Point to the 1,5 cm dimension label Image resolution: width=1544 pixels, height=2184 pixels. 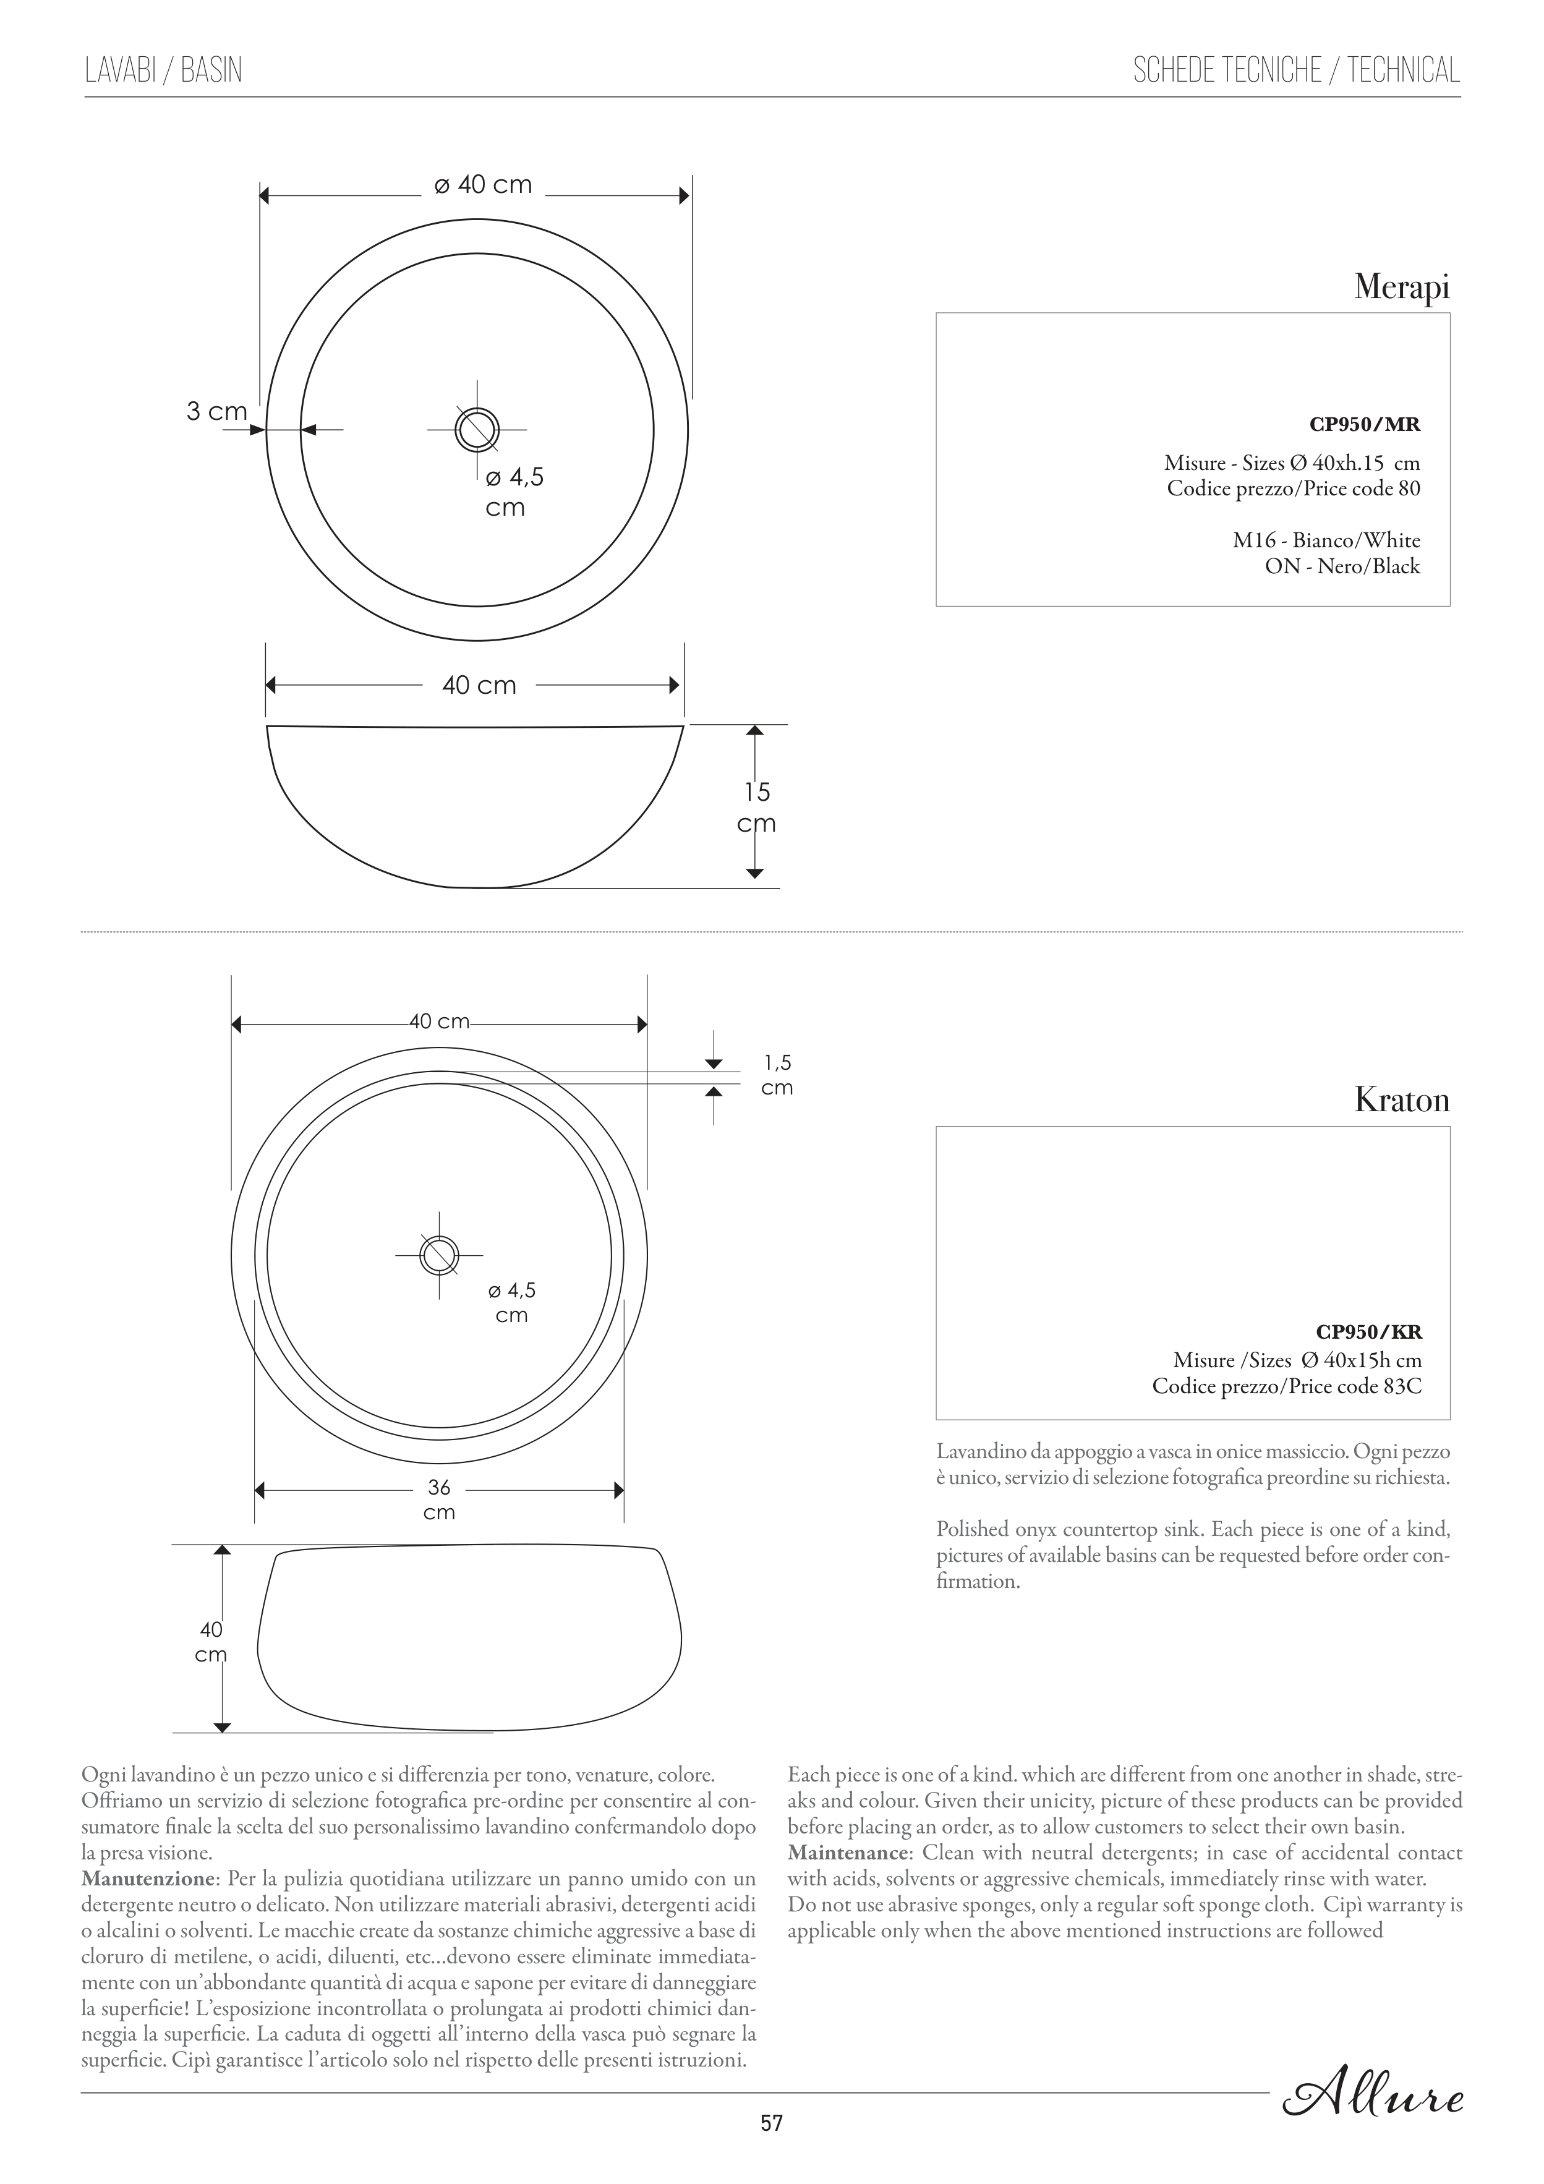click(x=777, y=1075)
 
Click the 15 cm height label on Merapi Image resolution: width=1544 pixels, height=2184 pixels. click(x=757, y=807)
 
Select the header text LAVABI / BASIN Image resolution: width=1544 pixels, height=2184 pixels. click(x=164, y=70)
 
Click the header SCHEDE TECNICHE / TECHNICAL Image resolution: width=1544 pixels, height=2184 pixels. click(x=1295, y=70)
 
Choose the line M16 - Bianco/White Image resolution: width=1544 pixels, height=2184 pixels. click(x=1326, y=540)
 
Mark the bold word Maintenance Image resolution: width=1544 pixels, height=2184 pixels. click(x=848, y=1853)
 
